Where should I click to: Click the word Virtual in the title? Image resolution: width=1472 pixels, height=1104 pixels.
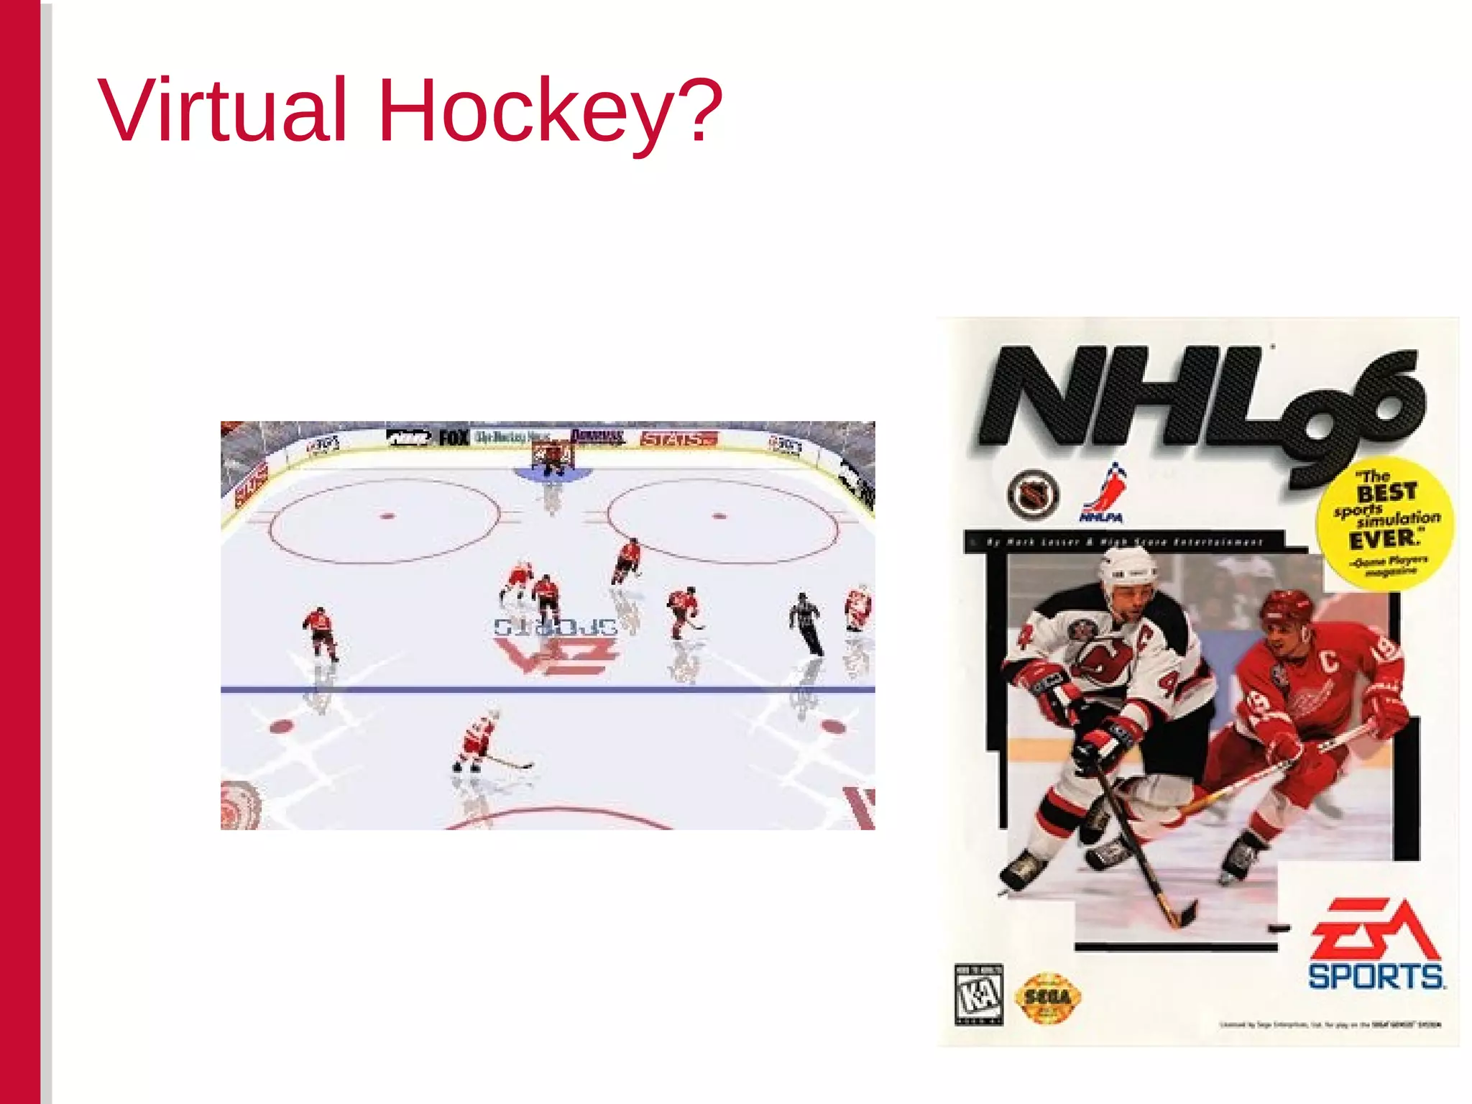pyautogui.click(x=223, y=111)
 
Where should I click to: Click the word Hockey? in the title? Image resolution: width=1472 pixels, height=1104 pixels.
pyautogui.click(x=550, y=111)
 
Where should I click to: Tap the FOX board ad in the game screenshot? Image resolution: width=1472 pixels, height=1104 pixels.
pyautogui.click(x=454, y=437)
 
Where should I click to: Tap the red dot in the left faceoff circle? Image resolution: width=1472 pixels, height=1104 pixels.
pyautogui.click(x=387, y=515)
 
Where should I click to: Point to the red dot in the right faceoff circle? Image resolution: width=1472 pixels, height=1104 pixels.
pyautogui.click(x=719, y=515)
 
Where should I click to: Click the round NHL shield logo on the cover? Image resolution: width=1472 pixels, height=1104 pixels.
pyautogui.click(x=1034, y=494)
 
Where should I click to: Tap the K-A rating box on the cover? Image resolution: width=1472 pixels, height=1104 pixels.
pyautogui.click(x=978, y=995)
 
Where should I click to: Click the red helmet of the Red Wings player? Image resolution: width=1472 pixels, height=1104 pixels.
pyautogui.click(x=1287, y=606)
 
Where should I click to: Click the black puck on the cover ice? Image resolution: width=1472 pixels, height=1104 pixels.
pyautogui.click(x=1279, y=928)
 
